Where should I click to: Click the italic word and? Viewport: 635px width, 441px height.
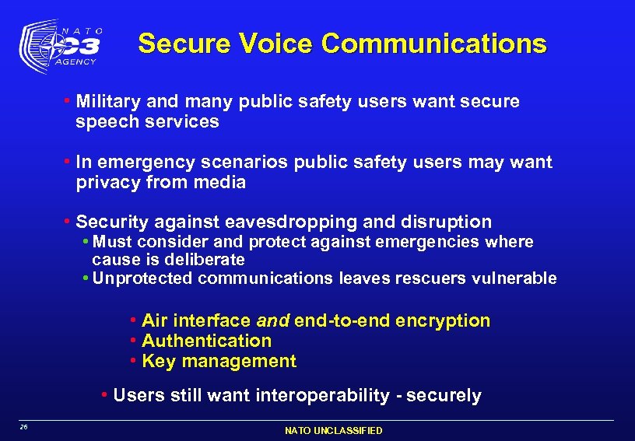pos(272,320)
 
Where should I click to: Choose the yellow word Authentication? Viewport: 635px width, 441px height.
pos(207,341)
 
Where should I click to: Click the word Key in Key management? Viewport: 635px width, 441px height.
pos(159,361)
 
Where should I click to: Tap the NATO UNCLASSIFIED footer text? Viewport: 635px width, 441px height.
pos(334,431)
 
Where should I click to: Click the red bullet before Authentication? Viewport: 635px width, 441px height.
pos(134,341)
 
